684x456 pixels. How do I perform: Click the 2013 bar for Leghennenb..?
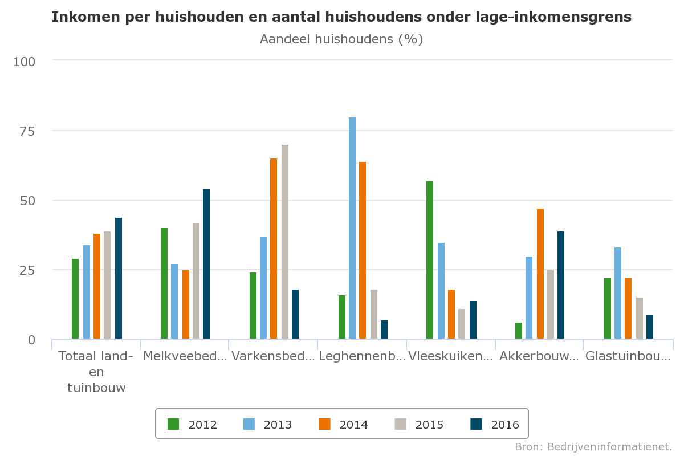(x=352, y=228)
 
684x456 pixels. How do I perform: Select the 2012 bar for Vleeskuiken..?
(x=430, y=260)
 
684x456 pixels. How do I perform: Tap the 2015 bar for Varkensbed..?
(x=285, y=242)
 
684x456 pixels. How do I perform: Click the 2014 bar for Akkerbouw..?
(x=540, y=274)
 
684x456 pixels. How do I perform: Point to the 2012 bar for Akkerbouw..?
(x=519, y=331)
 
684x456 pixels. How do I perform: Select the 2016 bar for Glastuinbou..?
(x=650, y=327)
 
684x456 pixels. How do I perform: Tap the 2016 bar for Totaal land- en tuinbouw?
(x=119, y=278)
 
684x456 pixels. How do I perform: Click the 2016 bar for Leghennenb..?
(x=384, y=329)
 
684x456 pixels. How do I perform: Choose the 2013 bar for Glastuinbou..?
(x=618, y=293)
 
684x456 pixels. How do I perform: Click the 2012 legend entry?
(x=193, y=425)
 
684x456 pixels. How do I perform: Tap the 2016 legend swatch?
(x=476, y=424)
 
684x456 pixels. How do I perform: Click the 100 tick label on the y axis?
(x=24, y=61)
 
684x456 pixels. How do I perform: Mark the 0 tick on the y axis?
(x=31, y=340)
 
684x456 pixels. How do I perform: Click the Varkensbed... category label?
(x=273, y=357)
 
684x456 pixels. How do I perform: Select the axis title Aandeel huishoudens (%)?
(x=341, y=39)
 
